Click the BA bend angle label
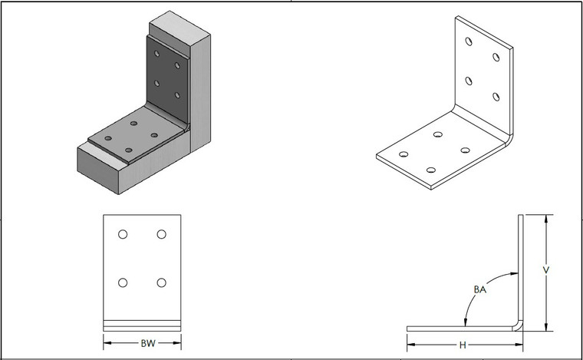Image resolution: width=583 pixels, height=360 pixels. point(481,289)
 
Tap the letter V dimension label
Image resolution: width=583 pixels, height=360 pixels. point(545,270)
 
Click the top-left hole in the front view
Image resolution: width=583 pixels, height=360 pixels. point(123,234)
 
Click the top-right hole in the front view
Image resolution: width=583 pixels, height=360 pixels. point(161,234)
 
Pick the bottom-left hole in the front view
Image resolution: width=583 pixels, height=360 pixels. point(123,283)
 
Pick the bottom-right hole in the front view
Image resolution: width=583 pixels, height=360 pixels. point(161,283)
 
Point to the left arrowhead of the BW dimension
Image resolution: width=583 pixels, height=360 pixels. point(107,343)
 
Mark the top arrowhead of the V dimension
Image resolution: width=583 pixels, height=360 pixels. point(545,219)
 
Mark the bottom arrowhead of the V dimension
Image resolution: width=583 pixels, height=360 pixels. point(545,328)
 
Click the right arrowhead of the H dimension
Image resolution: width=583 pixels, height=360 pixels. point(525,343)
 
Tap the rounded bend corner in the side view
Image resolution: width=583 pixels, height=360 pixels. point(519,324)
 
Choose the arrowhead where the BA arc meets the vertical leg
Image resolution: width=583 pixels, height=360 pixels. point(515,274)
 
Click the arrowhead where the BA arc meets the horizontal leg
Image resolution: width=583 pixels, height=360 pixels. point(465,325)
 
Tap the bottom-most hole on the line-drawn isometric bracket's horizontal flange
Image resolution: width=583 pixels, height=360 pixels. point(431,170)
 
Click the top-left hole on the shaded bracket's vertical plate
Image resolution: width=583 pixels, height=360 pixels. point(156,55)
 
